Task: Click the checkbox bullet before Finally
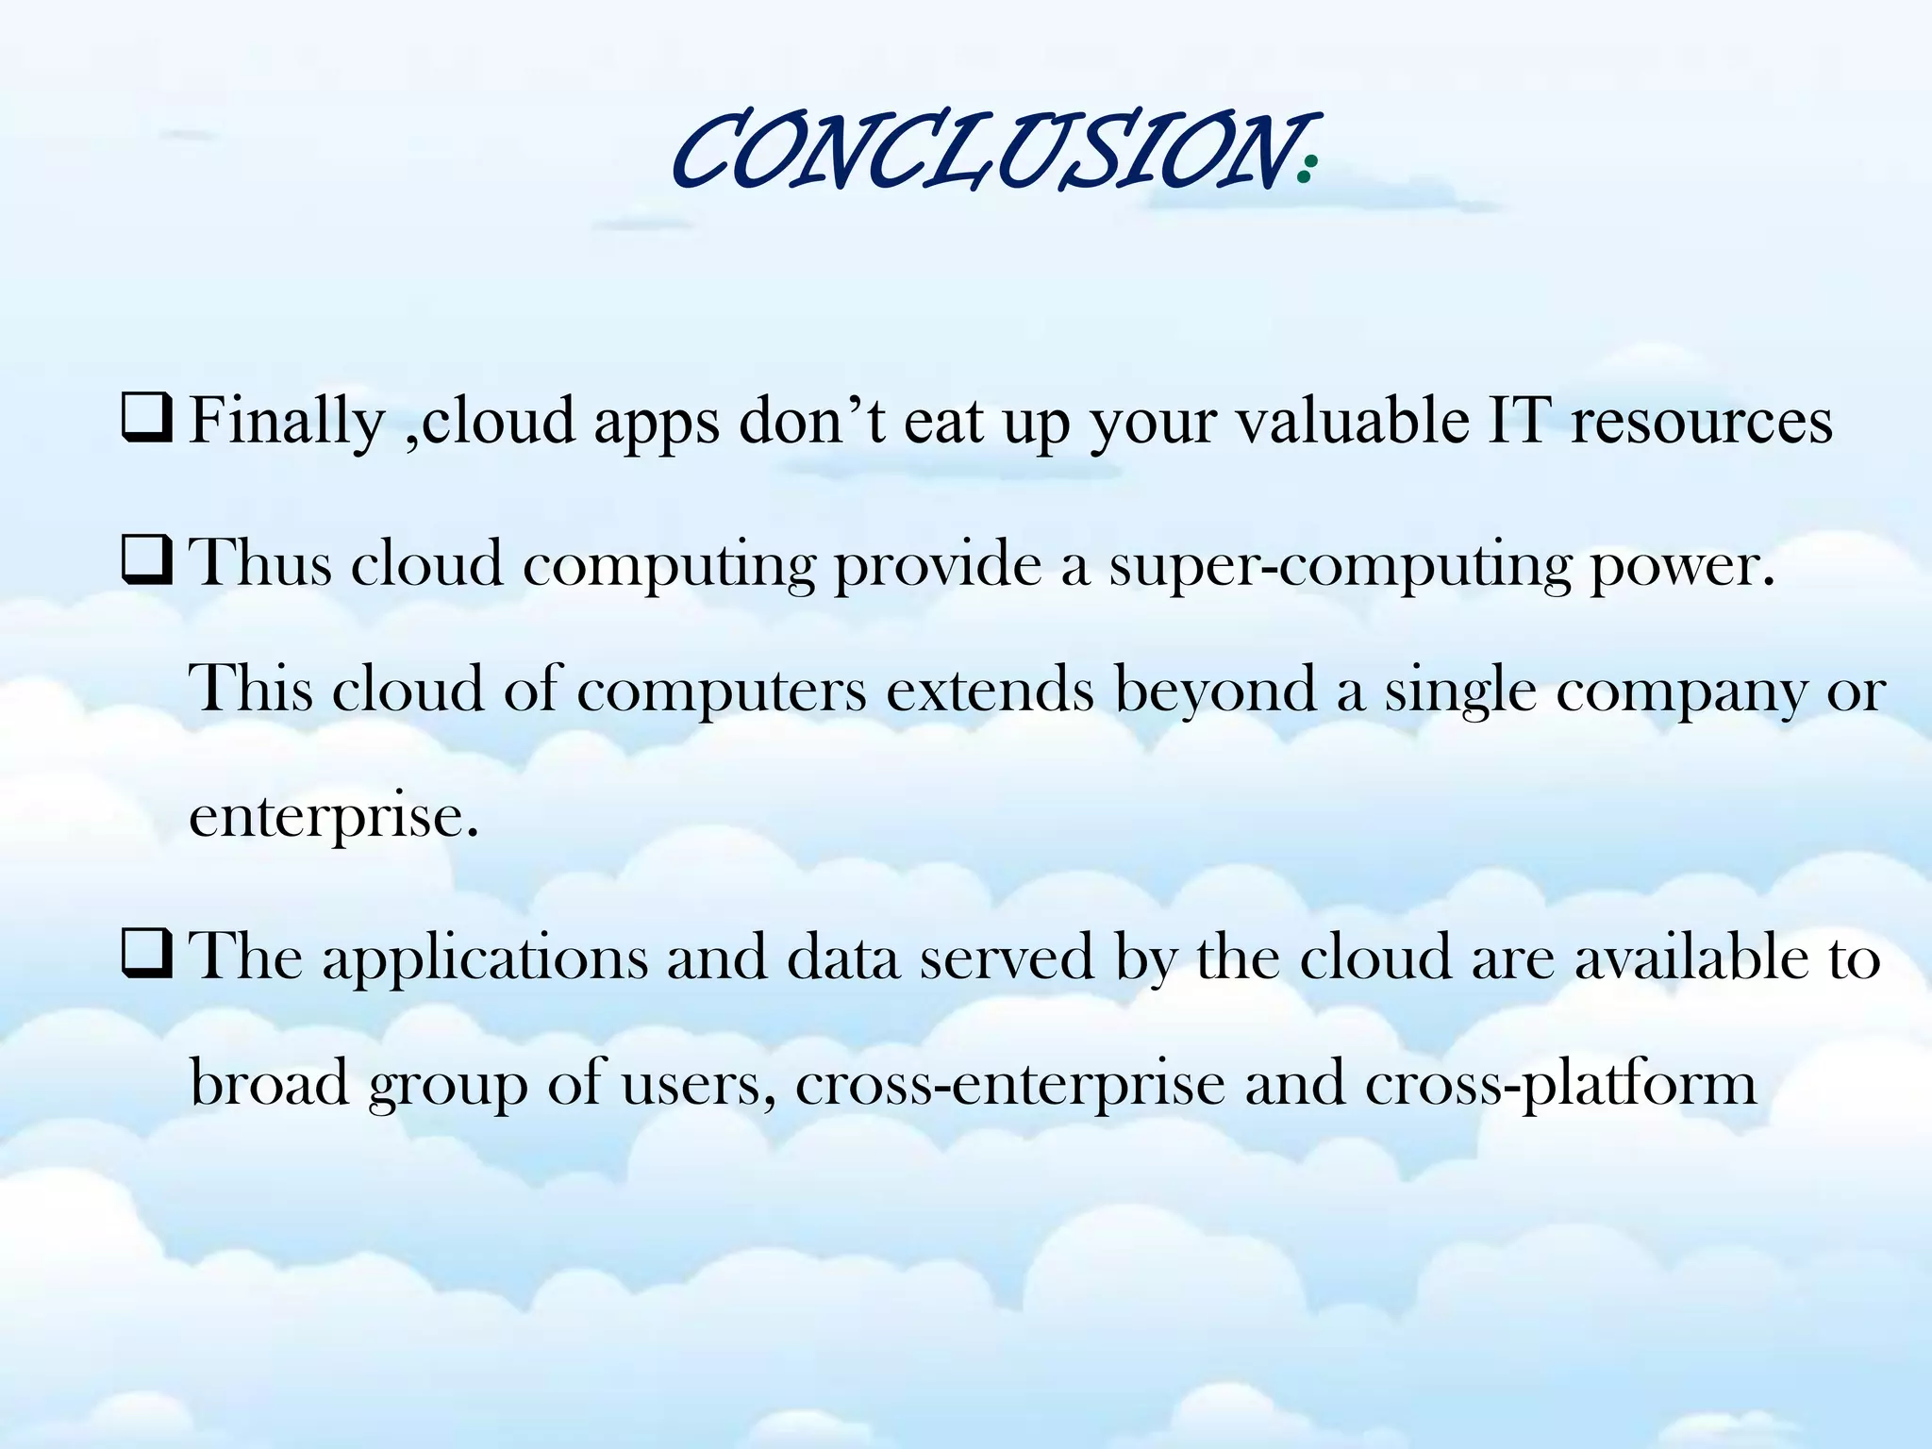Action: click(146, 421)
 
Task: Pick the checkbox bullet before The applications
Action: click(146, 956)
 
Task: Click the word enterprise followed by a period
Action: click(333, 816)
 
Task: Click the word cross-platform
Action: click(1560, 1084)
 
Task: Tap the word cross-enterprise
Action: click(1009, 1084)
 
